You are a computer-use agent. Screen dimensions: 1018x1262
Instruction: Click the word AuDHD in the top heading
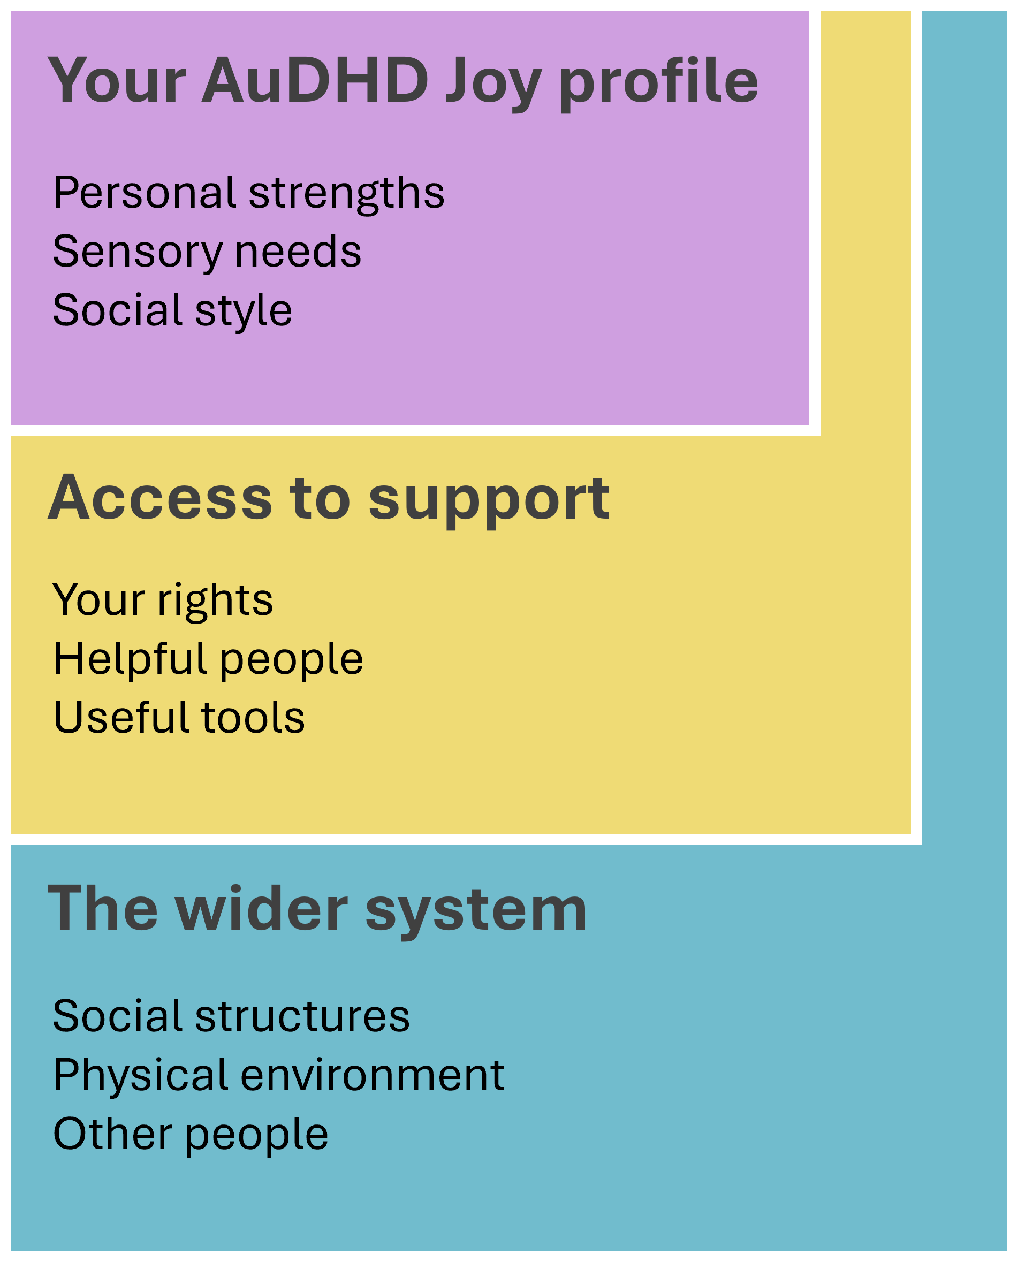click(x=315, y=80)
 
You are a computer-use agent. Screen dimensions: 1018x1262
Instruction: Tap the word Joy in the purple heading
click(x=492, y=82)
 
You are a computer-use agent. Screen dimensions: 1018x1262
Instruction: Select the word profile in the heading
click(x=658, y=82)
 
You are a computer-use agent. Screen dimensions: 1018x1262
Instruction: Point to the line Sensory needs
click(x=207, y=252)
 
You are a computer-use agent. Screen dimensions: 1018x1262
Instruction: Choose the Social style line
click(x=172, y=310)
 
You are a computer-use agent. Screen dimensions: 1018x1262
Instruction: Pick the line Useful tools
click(x=179, y=717)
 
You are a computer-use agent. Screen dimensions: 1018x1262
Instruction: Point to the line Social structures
click(x=231, y=1016)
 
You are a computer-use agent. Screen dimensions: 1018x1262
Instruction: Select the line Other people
click(x=191, y=1134)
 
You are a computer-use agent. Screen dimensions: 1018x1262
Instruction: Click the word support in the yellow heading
click(x=489, y=500)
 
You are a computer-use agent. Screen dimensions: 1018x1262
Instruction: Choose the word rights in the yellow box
click(x=215, y=600)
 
